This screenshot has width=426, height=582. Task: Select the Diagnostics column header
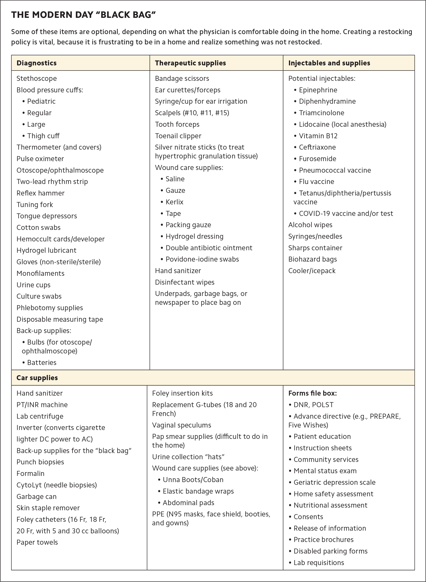point(36,63)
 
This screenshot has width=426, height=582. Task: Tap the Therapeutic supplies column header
point(190,63)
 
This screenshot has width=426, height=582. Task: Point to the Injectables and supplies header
point(329,63)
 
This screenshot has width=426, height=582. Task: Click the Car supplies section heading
point(37,378)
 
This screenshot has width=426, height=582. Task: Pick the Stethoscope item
point(36,78)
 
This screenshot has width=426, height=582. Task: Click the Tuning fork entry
point(35,205)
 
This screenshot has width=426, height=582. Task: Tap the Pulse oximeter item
point(40,159)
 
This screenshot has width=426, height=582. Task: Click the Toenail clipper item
point(178,136)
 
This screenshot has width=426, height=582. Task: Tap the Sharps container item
point(315,248)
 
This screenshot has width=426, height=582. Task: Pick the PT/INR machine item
point(42,405)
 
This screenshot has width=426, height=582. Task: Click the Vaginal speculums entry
point(182,425)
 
